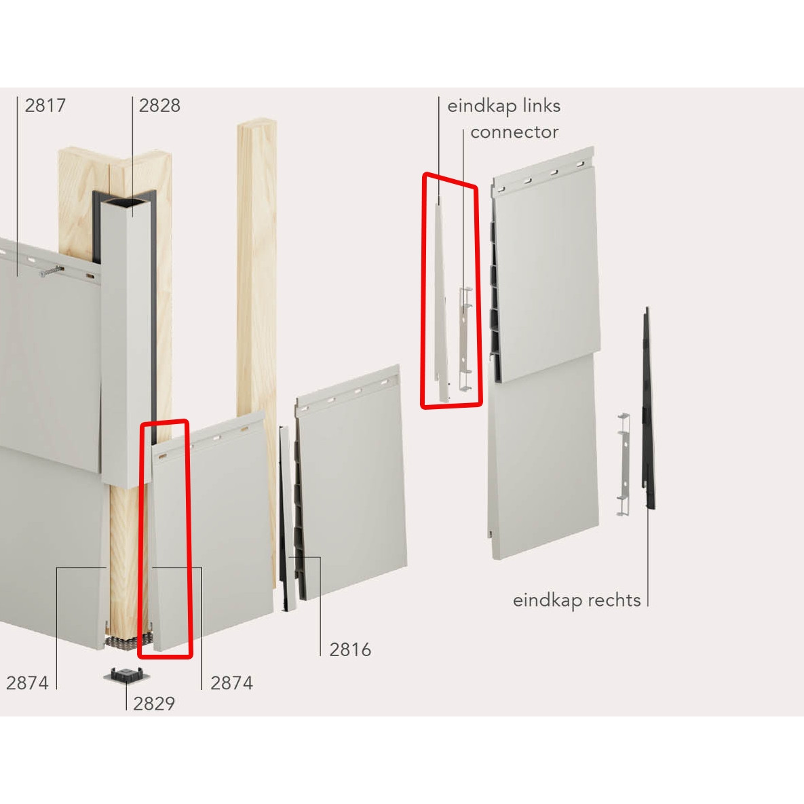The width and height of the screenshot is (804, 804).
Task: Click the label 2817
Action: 45,106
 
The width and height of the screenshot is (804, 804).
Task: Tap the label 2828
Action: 159,106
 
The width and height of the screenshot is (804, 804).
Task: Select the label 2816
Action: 350,650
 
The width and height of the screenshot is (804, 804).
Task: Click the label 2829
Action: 154,704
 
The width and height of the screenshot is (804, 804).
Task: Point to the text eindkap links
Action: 503,106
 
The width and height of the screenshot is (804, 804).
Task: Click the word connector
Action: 514,132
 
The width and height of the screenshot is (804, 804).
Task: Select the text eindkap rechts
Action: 577,600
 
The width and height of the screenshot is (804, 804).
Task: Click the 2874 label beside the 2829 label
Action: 232,683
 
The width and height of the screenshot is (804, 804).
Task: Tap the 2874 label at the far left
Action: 27,683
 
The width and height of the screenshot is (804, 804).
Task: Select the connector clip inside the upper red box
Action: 465,339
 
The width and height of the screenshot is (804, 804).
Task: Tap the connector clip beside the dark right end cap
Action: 624,464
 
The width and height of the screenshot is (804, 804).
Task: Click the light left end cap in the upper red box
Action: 440,303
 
